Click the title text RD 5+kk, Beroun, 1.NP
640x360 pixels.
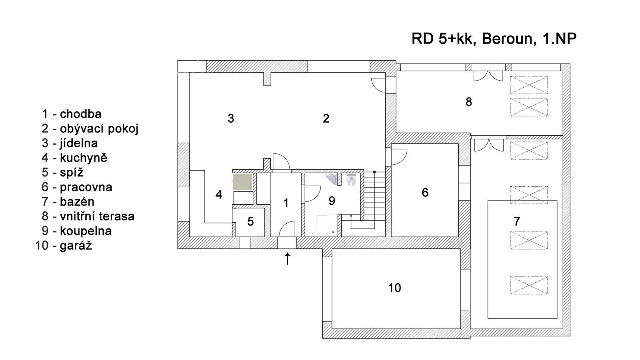[x=494, y=39]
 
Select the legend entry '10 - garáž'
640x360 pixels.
[x=64, y=245]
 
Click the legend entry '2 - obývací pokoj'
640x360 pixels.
[x=90, y=129]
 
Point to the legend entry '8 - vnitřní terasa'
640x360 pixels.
[x=88, y=216]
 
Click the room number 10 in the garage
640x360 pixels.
[x=394, y=288]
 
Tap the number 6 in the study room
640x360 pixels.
[x=425, y=192]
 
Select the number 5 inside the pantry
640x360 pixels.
[x=250, y=221]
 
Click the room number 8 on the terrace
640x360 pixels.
[x=469, y=102]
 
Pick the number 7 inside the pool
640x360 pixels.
[x=516, y=221]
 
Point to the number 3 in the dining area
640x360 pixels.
[x=231, y=118]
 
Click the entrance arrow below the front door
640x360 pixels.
[x=287, y=259]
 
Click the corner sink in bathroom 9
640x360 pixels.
[x=332, y=178]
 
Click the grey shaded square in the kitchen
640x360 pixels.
[x=243, y=181]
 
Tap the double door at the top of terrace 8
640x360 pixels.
[x=488, y=76]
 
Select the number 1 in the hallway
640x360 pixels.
[x=286, y=203]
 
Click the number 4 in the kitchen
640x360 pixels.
[x=218, y=195]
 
